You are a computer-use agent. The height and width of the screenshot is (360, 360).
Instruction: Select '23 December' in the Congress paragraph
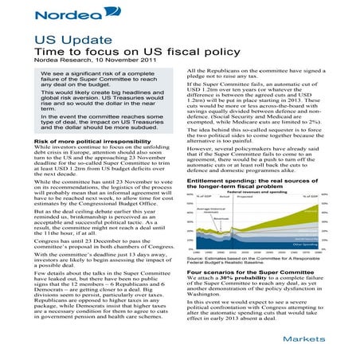tap(95, 237)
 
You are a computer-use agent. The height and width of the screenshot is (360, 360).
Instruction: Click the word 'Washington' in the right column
tap(210, 295)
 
